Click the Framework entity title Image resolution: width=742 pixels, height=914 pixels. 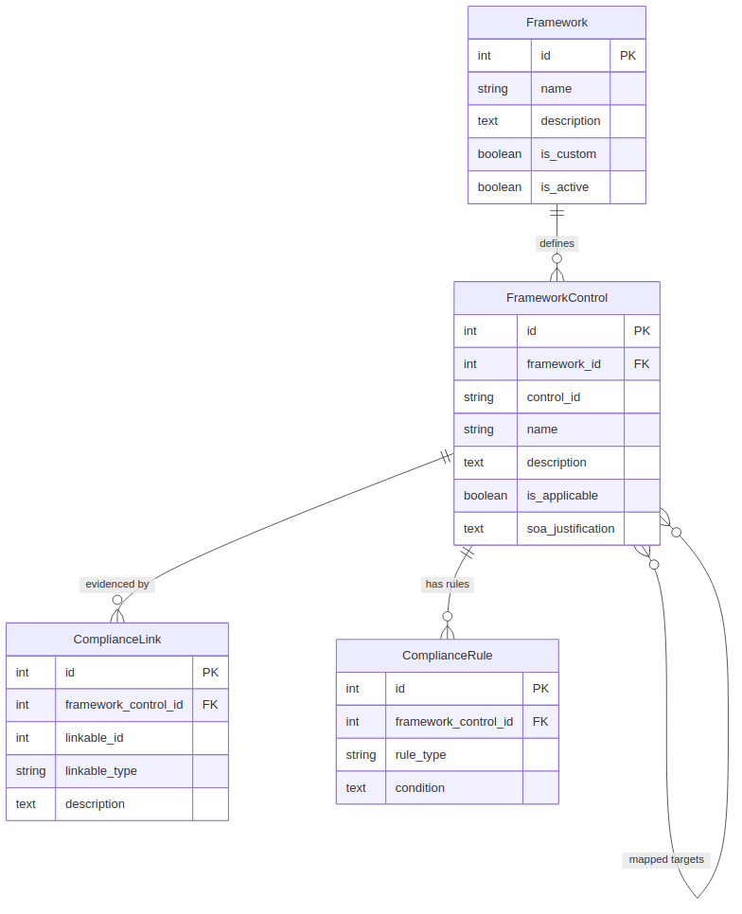tap(556, 23)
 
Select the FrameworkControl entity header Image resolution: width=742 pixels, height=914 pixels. tap(556, 298)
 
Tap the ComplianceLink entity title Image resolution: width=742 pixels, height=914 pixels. tap(117, 640)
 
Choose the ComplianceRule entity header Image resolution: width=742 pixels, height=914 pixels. tap(447, 656)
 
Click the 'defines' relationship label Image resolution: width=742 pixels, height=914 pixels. tap(556, 243)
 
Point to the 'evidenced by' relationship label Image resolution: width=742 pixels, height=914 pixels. tap(117, 585)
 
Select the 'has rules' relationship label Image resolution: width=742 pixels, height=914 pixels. tap(448, 585)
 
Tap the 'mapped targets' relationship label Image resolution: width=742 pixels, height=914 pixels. tap(666, 860)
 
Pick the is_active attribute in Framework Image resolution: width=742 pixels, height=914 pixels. tap(564, 187)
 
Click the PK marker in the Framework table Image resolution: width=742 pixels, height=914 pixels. tap(627, 56)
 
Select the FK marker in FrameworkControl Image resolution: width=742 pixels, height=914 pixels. tap(642, 364)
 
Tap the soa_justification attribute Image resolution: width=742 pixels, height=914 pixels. tap(571, 529)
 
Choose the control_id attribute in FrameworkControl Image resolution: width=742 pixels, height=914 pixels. tap(554, 397)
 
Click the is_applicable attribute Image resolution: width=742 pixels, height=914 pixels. tap(562, 496)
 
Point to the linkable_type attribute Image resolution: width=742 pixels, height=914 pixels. tap(101, 771)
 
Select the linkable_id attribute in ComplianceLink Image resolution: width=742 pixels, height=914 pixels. tap(94, 738)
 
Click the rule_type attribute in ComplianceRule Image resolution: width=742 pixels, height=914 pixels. tap(420, 755)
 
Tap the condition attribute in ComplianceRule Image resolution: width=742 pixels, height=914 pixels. tap(419, 788)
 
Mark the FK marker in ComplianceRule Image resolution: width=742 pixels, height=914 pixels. tap(540, 722)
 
